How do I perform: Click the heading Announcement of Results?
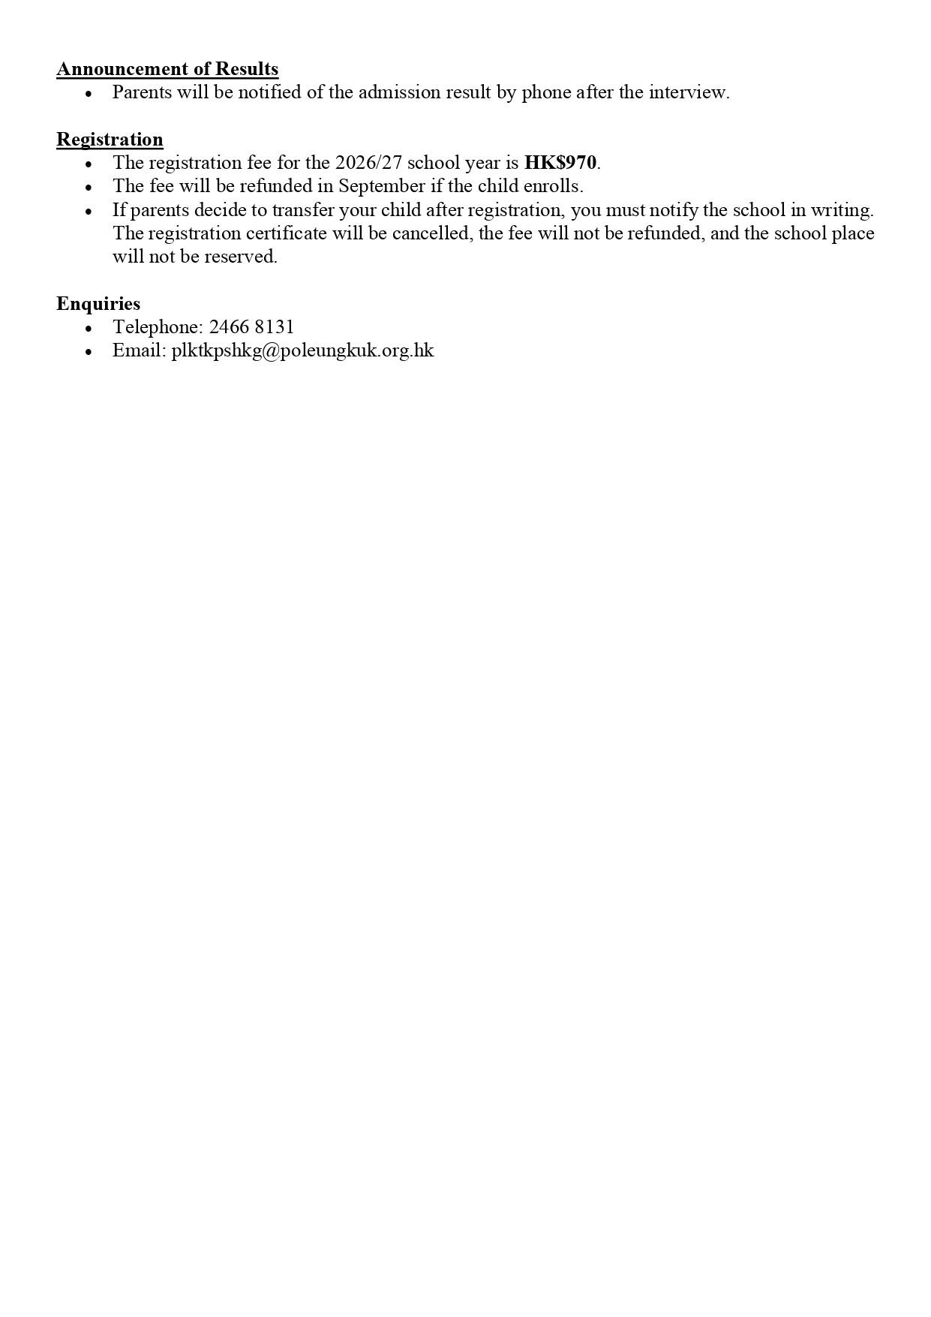(167, 69)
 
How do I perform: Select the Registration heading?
(110, 140)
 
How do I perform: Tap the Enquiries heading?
(98, 304)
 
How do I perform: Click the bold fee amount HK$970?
(560, 163)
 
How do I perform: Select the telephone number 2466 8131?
(251, 327)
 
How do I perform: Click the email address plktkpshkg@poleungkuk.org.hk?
(302, 350)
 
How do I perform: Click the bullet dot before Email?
(89, 351)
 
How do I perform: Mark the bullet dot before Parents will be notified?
(89, 93)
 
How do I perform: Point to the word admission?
(395, 92)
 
